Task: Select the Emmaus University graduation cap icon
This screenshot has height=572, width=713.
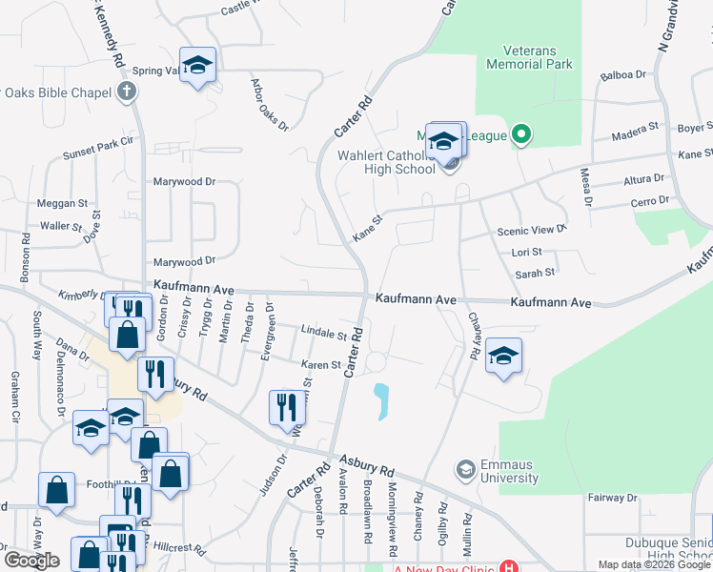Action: click(x=465, y=469)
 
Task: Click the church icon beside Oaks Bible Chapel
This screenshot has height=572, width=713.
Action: click(x=126, y=92)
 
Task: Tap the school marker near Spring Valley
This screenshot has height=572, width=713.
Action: click(x=198, y=66)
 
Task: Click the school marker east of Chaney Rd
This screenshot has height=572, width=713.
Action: click(x=503, y=357)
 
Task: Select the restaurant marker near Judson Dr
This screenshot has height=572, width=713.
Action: click(x=286, y=408)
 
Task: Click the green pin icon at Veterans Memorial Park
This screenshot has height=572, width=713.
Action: click(x=519, y=136)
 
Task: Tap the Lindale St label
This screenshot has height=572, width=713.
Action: click(x=323, y=335)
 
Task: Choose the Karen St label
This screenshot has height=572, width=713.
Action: click(x=321, y=365)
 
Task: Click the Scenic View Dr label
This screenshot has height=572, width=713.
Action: click(x=532, y=230)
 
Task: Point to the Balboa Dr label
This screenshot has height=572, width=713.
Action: click(x=623, y=74)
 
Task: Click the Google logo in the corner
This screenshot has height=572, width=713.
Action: click(x=32, y=561)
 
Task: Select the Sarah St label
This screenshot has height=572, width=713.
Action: click(x=534, y=273)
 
